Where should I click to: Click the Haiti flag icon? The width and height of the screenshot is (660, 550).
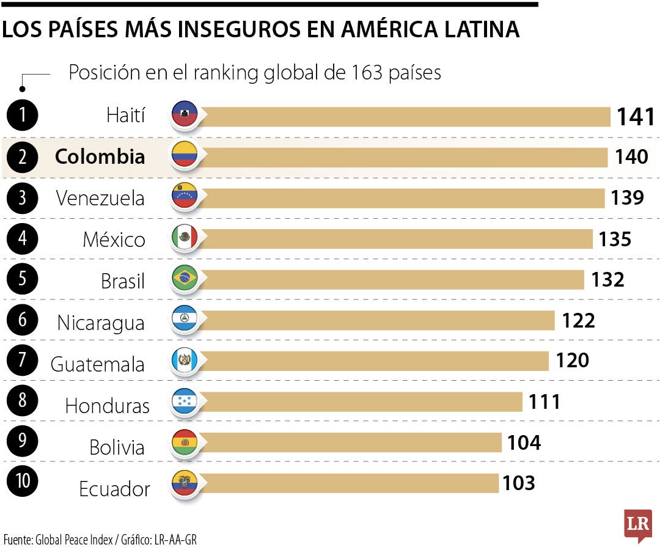pyautogui.click(x=185, y=115)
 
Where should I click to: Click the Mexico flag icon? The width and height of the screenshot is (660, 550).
pyautogui.click(x=185, y=238)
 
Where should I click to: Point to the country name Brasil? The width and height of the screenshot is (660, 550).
pyautogui.click(x=123, y=281)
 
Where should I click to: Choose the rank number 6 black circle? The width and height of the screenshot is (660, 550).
pyautogui.click(x=22, y=320)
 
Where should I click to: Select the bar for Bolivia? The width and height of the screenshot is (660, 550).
pyautogui.click(x=348, y=442)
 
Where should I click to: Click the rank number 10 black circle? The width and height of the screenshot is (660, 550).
pyautogui.click(x=22, y=481)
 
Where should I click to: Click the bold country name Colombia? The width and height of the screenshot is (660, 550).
pyautogui.click(x=100, y=156)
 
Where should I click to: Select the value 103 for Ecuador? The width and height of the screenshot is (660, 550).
pyautogui.click(x=518, y=483)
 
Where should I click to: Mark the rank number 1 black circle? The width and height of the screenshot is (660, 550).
pyautogui.click(x=22, y=115)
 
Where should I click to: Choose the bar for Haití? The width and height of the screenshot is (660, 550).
pyautogui.click(x=403, y=116)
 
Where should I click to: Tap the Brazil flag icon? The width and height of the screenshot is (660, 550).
pyautogui.click(x=185, y=279)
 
